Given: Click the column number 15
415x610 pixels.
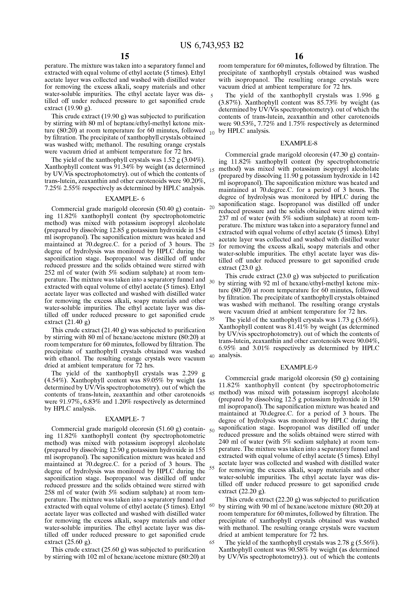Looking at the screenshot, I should tap(125, 56).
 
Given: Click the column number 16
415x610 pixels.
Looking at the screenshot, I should tap(299, 56).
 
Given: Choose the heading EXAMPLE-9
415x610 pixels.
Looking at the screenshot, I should tap(299, 367).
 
